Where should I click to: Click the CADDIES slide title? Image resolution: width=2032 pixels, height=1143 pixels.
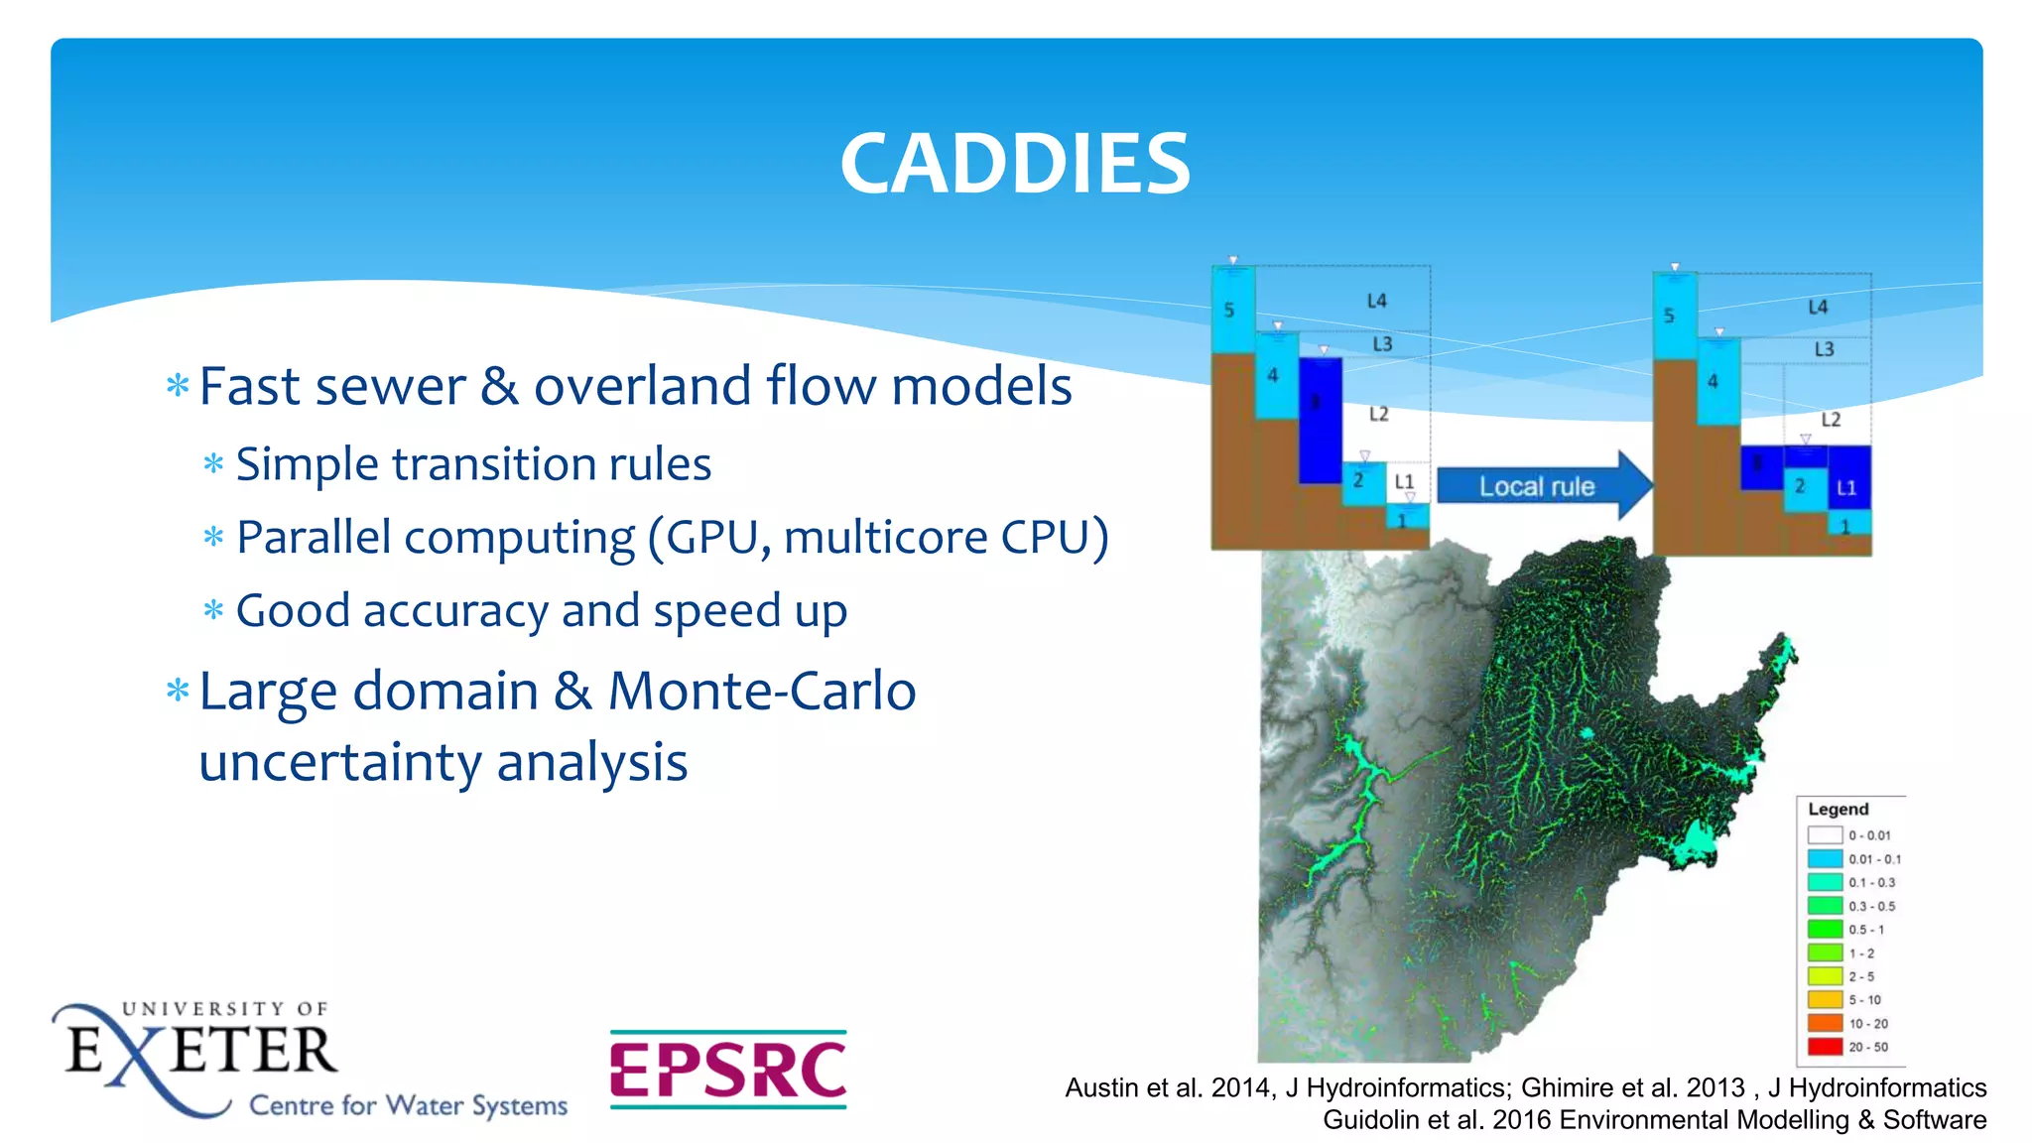tap(1015, 164)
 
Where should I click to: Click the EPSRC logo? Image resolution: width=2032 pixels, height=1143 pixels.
tap(728, 1070)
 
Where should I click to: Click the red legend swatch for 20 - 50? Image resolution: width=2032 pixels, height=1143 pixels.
tap(1825, 1047)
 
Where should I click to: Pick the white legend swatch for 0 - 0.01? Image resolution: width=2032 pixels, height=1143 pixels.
tap(1825, 835)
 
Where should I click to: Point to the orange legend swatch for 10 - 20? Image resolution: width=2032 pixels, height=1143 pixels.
tap(1825, 1023)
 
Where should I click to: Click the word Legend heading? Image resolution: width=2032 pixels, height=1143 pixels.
tap(1838, 810)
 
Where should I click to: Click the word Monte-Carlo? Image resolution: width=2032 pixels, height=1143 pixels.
tap(762, 692)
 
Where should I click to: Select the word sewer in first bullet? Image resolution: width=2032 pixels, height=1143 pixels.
tap(405, 387)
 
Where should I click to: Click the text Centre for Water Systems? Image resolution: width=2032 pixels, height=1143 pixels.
tap(408, 1105)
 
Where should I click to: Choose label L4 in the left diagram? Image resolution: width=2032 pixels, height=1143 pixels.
tap(1376, 301)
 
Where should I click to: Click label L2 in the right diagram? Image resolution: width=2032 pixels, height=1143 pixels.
tap(1831, 420)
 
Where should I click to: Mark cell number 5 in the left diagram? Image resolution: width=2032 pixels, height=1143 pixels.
tap(1229, 311)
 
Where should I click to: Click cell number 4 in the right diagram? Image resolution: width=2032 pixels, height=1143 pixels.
tap(1713, 382)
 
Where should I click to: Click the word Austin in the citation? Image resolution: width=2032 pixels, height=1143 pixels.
tap(1101, 1088)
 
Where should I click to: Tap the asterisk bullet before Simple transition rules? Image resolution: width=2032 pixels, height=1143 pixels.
tap(213, 463)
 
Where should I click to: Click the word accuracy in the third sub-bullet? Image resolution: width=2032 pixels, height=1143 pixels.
tap(455, 611)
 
